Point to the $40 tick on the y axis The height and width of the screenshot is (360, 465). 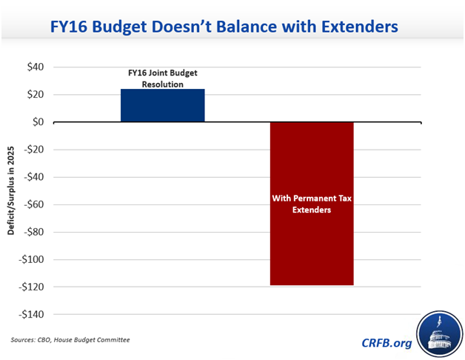[34, 67]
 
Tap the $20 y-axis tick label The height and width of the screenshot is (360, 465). [34, 94]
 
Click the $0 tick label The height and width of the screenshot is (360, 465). [37, 121]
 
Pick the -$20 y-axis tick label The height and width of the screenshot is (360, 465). [33, 150]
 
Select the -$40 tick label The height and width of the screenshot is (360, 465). [33, 177]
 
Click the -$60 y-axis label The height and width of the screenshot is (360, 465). [33, 204]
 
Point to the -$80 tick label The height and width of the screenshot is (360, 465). [33, 232]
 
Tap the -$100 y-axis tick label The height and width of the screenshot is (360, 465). [31, 259]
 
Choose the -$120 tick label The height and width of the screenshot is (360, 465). [31, 287]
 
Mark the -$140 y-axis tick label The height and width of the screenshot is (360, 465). [31, 314]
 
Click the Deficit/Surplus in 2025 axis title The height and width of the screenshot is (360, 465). [11, 191]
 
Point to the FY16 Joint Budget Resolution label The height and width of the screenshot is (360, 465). [163, 79]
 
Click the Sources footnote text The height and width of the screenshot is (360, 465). [70, 339]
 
